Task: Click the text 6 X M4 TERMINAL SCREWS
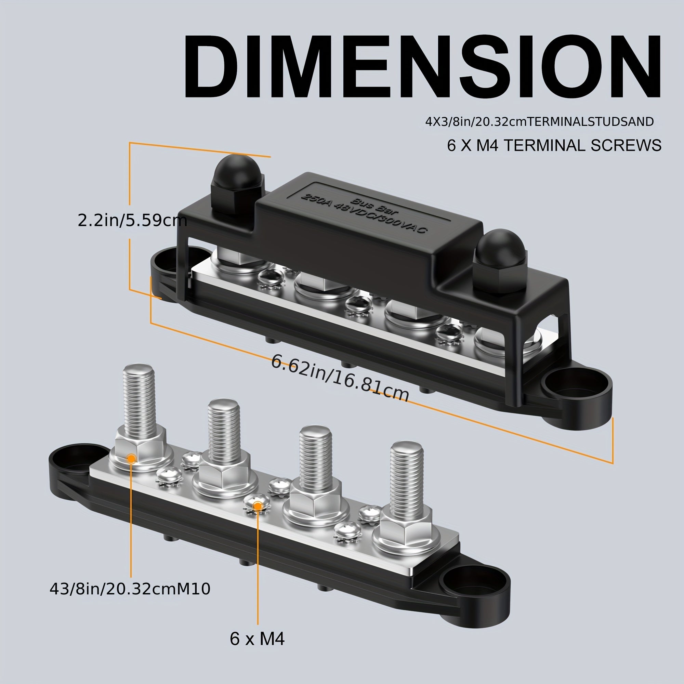point(554,145)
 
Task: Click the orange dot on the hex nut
point(131,459)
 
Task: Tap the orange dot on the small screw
point(258,507)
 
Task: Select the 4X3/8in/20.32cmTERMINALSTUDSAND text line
point(539,122)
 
